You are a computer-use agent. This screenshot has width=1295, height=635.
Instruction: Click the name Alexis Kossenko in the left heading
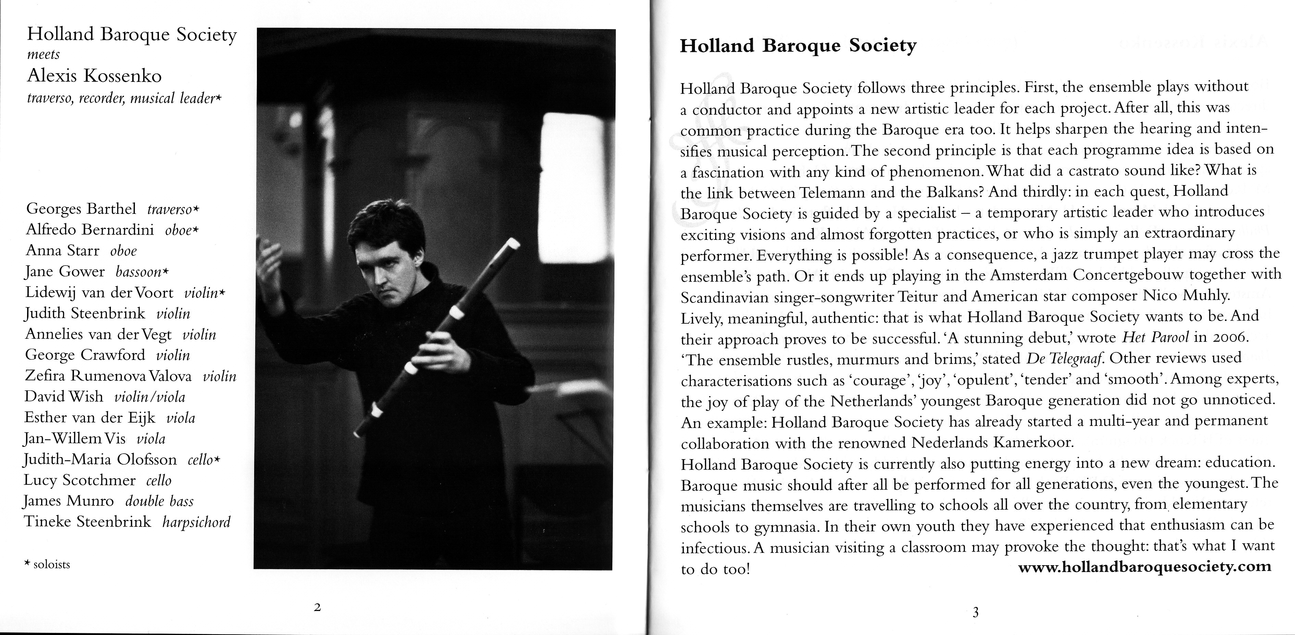click(x=95, y=76)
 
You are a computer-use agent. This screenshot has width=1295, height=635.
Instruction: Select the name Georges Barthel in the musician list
click(x=81, y=208)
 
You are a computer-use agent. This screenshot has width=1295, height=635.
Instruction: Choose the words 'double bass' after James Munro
click(x=159, y=501)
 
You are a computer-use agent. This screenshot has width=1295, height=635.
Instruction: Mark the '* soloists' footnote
click(x=47, y=564)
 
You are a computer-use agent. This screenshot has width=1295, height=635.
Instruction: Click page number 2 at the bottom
click(x=317, y=607)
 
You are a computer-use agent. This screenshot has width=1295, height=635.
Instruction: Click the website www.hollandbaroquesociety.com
click(x=1144, y=567)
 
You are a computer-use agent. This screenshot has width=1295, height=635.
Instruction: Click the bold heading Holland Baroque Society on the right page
click(x=798, y=46)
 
